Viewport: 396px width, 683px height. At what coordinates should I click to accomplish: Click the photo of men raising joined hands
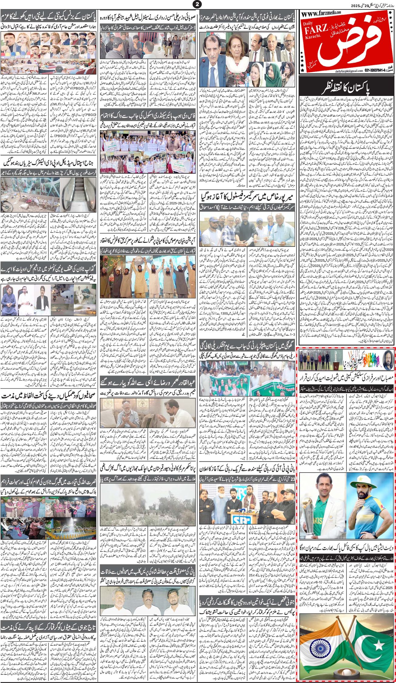148,270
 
